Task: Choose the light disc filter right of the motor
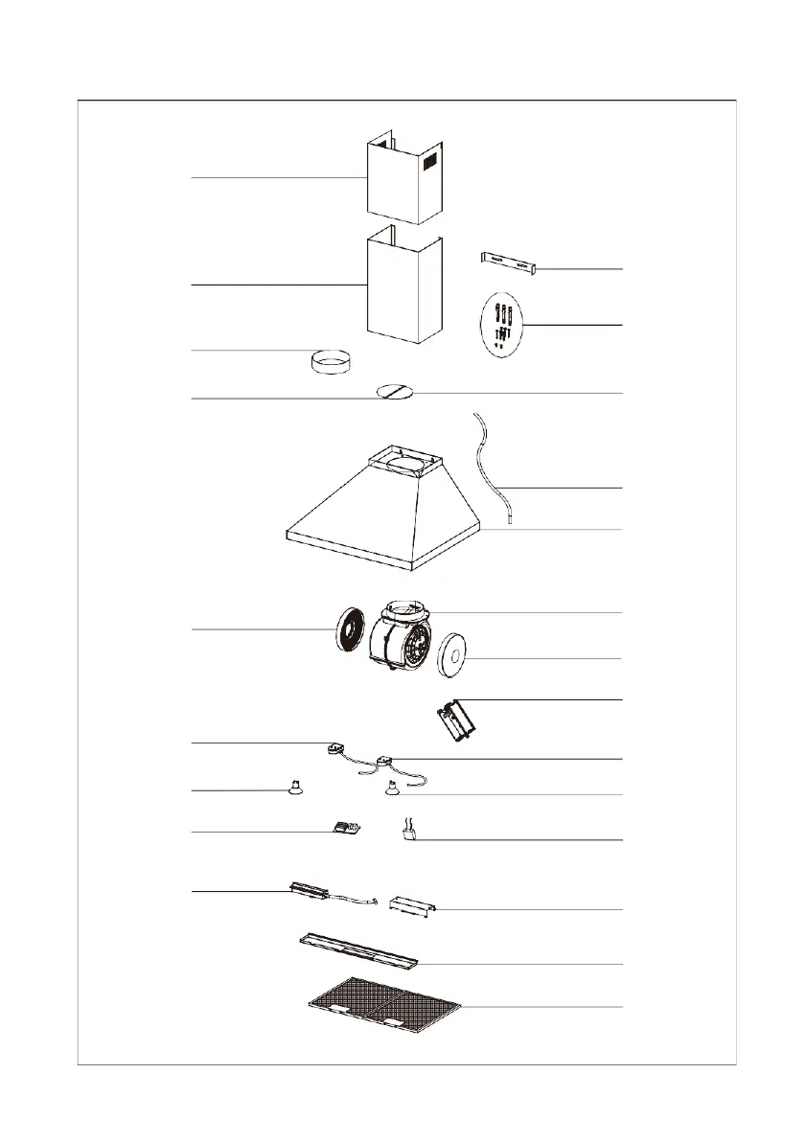coord(450,659)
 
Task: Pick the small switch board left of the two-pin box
coord(343,828)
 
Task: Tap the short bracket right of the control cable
coord(413,904)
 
